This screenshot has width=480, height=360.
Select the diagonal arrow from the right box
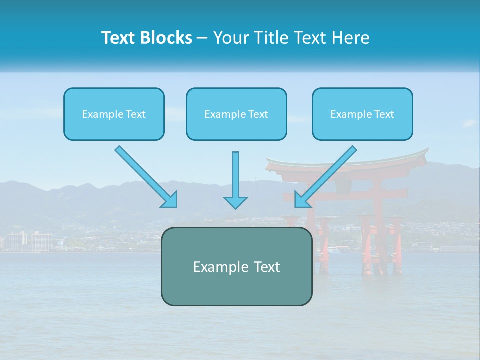(327, 175)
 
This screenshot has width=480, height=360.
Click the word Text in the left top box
(136, 114)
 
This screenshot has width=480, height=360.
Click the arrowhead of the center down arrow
(235, 202)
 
